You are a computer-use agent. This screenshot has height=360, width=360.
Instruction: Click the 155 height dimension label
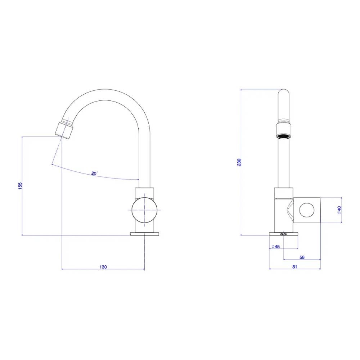click(x=20, y=186)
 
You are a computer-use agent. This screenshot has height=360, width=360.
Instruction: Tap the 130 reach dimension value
click(x=103, y=267)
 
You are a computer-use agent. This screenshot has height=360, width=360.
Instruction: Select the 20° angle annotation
click(x=94, y=174)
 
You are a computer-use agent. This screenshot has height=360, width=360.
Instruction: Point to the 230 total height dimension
click(x=239, y=162)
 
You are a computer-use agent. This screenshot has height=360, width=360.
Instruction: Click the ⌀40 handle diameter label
click(x=339, y=210)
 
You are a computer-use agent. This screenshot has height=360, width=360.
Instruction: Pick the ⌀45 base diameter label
click(x=275, y=246)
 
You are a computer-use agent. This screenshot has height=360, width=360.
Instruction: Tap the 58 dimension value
click(x=302, y=257)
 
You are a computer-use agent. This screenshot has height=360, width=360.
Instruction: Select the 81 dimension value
click(x=294, y=267)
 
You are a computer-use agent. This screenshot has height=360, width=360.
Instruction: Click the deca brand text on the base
click(x=284, y=234)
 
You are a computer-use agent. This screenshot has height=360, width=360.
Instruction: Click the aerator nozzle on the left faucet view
click(x=64, y=130)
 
